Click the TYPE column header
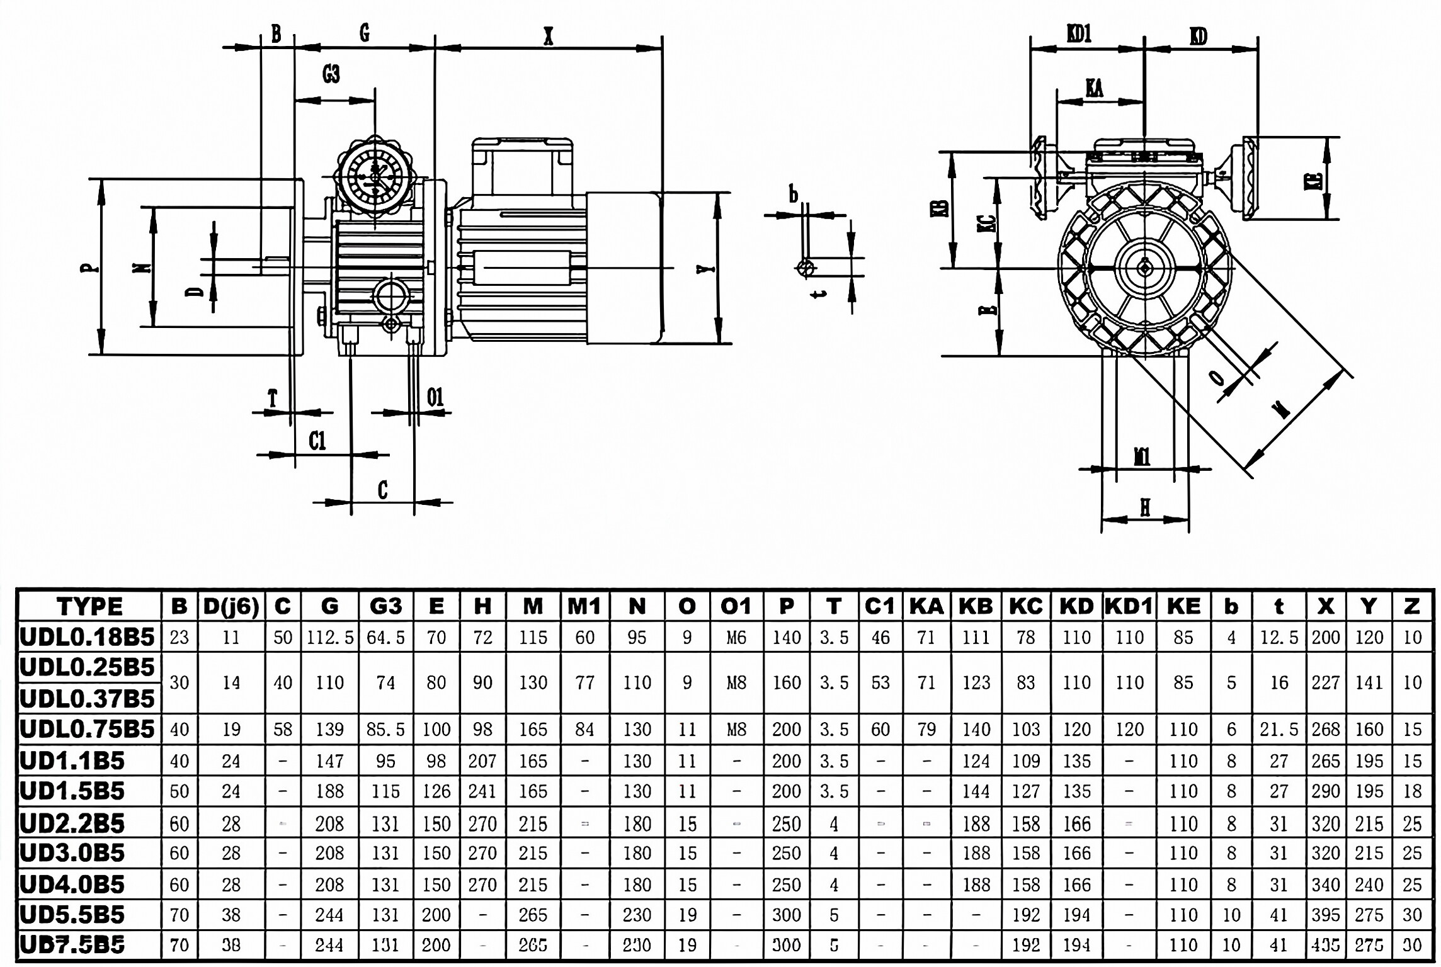(x=89, y=606)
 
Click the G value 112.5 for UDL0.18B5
(x=330, y=638)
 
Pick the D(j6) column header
(x=231, y=606)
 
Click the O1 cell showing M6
(x=736, y=638)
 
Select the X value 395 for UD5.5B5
(x=1325, y=915)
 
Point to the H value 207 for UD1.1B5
(x=482, y=761)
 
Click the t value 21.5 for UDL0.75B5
(x=1279, y=730)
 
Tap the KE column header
(x=1183, y=606)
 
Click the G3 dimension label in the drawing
(x=331, y=74)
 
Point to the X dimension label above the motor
(x=548, y=37)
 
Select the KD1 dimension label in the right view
(x=1079, y=34)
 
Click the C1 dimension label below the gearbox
(x=317, y=441)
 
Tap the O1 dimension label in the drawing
(x=435, y=397)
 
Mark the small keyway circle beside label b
(x=806, y=268)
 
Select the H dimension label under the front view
(x=1145, y=507)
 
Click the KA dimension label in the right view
(x=1095, y=88)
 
